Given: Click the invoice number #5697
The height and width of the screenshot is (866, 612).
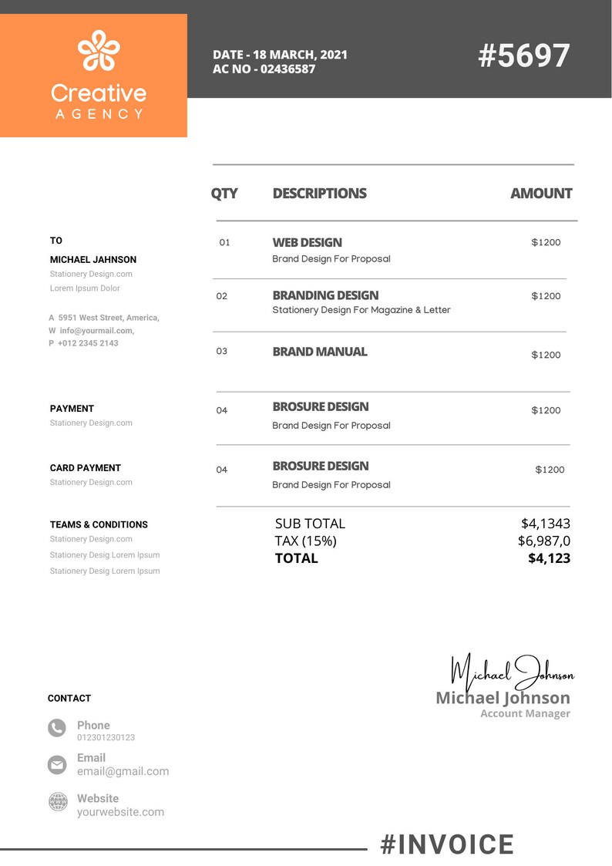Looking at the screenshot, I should click(524, 56).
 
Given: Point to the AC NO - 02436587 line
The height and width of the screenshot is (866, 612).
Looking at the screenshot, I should click(264, 69).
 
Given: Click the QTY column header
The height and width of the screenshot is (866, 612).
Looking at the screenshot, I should click(224, 194).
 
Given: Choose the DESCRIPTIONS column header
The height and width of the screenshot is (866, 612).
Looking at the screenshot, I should click(319, 194).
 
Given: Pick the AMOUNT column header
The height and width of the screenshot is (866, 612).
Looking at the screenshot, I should click(541, 194).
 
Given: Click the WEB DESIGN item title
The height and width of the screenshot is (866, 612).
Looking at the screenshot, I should click(307, 242).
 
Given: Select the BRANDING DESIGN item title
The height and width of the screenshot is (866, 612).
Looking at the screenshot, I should click(325, 295).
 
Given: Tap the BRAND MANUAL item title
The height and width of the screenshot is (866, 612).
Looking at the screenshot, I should click(320, 352).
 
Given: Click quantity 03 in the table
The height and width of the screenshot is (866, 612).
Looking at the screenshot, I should click(222, 352).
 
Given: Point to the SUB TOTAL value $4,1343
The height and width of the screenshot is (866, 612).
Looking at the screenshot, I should click(545, 524).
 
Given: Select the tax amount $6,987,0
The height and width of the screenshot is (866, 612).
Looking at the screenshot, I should click(543, 541).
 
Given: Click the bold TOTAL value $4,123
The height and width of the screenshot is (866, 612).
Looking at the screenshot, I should click(549, 558).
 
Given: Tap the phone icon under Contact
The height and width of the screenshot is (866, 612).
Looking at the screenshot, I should click(57, 727).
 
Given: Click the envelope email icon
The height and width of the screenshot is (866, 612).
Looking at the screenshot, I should click(57, 764).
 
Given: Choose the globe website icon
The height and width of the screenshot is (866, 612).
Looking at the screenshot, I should click(58, 801).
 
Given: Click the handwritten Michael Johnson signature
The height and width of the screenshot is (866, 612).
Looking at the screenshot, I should click(512, 672).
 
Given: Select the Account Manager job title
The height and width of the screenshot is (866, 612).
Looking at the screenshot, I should click(525, 714).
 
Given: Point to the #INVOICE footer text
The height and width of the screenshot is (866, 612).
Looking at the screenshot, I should click(447, 845).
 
